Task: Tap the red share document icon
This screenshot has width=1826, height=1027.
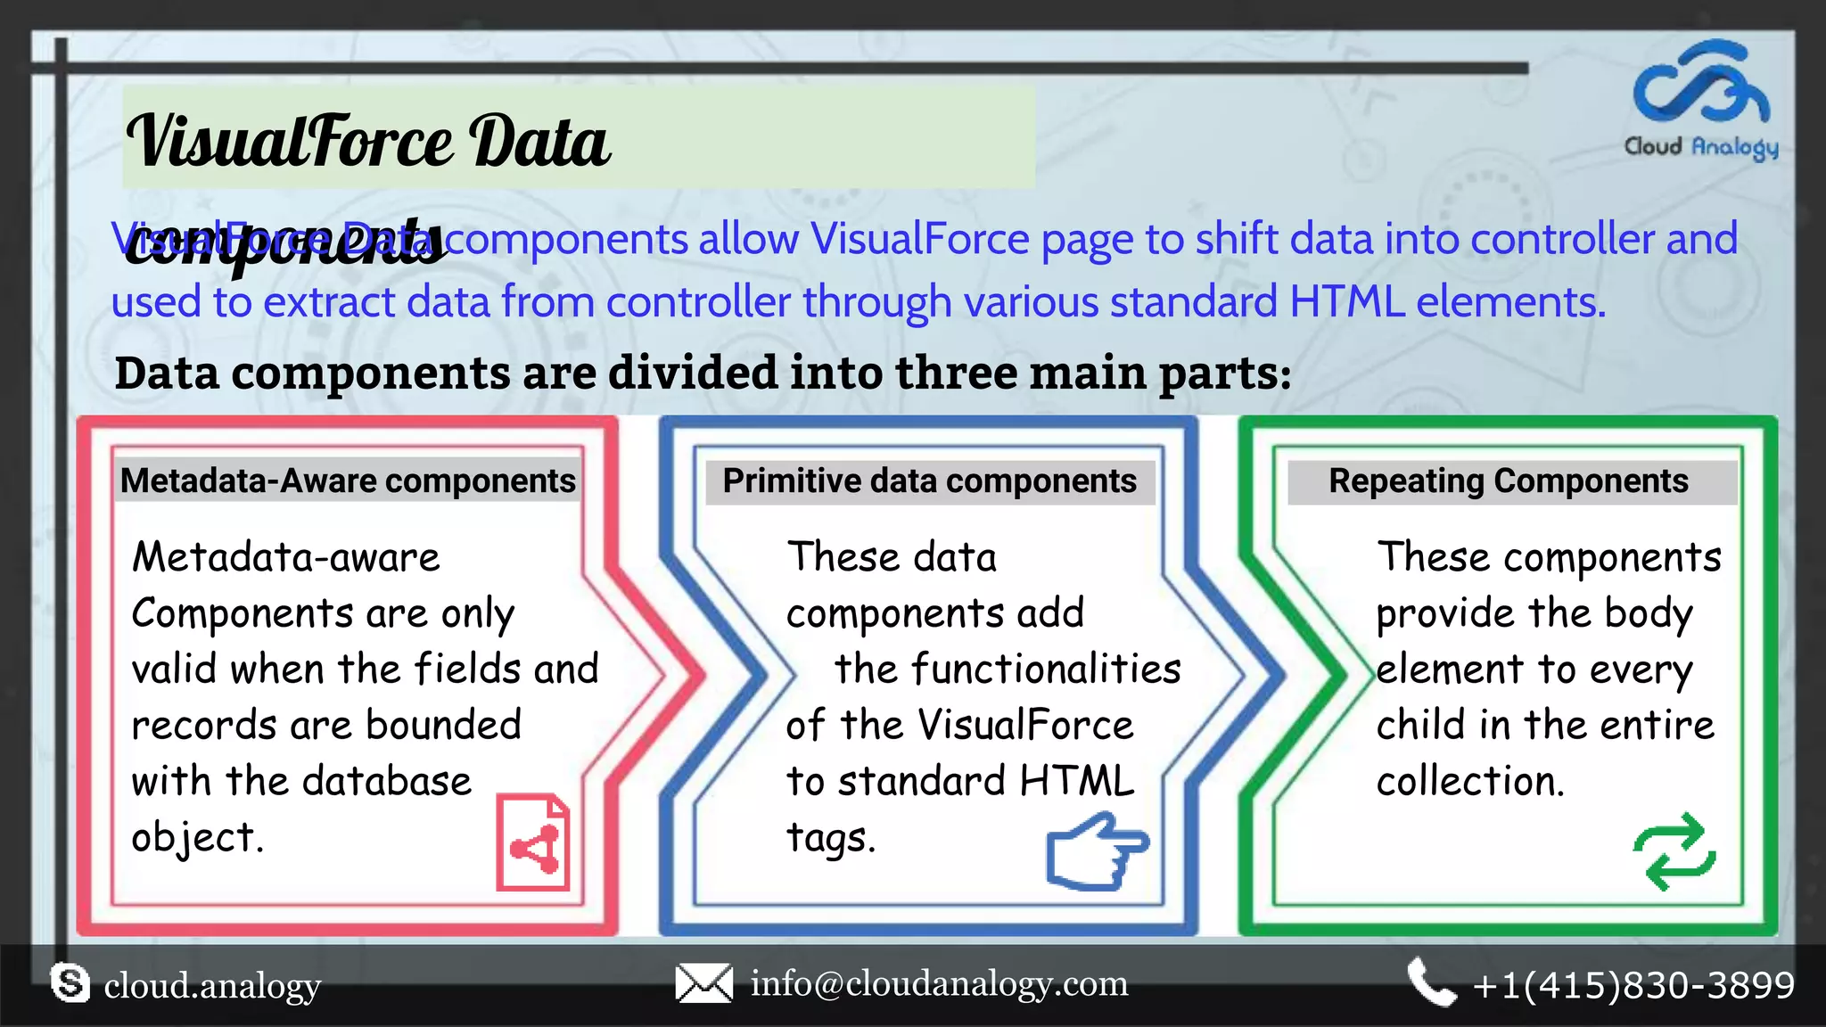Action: [532, 842]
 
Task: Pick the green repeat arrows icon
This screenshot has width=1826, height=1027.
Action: [1674, 851]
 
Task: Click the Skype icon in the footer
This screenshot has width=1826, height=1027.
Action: [70, 984]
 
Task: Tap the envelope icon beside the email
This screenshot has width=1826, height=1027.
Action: [703, 983]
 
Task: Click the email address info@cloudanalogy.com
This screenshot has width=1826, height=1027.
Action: [939, 983]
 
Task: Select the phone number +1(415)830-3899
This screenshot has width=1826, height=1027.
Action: [1633, 985]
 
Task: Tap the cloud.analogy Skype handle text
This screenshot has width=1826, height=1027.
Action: [212, 986]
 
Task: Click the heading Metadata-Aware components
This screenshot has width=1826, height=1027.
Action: [348, 481]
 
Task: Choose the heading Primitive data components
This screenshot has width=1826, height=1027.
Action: [929, 481]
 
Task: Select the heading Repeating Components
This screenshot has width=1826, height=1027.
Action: [1509, 481]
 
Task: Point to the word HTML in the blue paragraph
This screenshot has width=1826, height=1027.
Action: [1346, 301]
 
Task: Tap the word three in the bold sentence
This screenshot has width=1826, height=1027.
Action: [957, 372]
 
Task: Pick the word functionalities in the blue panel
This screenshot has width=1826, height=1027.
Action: [1008, 669]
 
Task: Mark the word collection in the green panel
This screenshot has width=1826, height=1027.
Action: [1469, 781]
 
